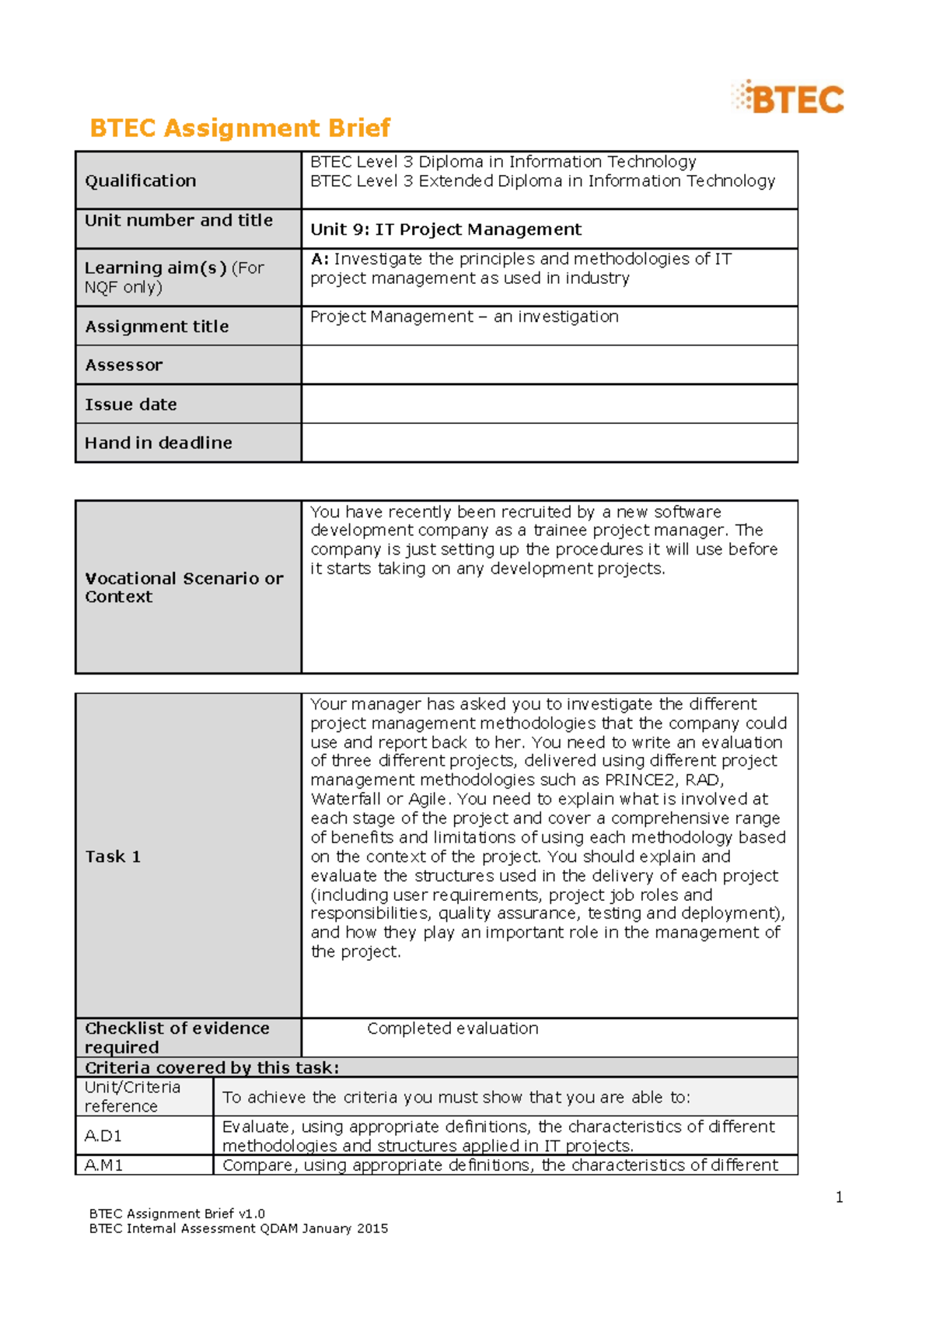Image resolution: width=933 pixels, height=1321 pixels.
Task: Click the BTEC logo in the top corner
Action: pyautogui.click(x=788, y=98)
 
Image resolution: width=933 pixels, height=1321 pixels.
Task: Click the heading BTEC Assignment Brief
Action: pyautogui.click(x=239, y=128)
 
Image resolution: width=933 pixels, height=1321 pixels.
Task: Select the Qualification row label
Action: pyautogui.click(x=141, y=180)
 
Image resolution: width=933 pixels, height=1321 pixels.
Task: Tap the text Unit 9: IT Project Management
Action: pyautogui.click(x=446, y=230)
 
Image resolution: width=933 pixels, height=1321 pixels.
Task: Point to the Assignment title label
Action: pyautogui.click(x=157, y=327)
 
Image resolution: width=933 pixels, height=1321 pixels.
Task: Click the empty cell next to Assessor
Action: pyautogui.click(x=549, y=365)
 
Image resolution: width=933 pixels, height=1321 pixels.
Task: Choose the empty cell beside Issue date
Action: pyautogui.click(x=549, y=405)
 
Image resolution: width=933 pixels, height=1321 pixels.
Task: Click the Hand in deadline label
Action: pyautogui.click(x=159, y=443)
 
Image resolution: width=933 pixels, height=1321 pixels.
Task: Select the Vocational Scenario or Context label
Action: pyautogui.click(x=183, y=587)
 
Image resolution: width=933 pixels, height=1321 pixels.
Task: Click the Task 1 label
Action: pyautogui.click(x=113, y=857)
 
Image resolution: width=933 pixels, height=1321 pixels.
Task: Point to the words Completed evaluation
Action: pyautogui.click(x=453, y=1028)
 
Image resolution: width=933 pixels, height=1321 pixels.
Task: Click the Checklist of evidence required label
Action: pyautogui.click(x=176, y=1038)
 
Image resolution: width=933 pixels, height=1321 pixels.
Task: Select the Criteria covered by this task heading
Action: pyautogui.click(x=211, y=1067)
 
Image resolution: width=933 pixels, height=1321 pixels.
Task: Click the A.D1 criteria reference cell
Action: pyautogui.click(x=103, y=1136)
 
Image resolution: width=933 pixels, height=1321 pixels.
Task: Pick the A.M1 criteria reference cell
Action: pyautogui.click(x=103, y=1165)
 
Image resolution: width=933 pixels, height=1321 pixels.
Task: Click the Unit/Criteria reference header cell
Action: pyautogui.click(x=132, y=1097)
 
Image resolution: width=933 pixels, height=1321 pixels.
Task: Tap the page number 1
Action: pyautogui.click(x=839, y=1197)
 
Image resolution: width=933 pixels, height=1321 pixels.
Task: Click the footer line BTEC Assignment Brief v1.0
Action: pyautogui.click(x=177, y=1214)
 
